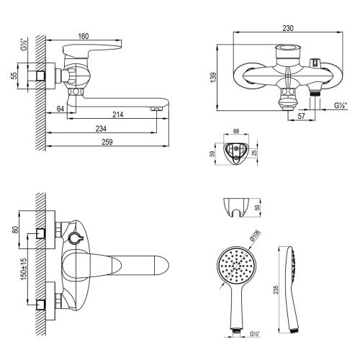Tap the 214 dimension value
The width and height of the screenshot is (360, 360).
116,115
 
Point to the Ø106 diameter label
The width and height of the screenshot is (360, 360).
257,235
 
